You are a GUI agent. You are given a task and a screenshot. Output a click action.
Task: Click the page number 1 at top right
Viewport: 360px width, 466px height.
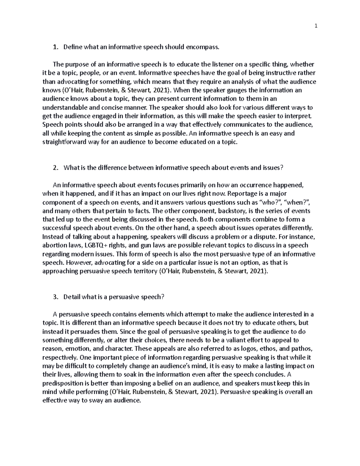316,26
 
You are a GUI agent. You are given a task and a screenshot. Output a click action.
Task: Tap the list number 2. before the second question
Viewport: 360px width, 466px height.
55,168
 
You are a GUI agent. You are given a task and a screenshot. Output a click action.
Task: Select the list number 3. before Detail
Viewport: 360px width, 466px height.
55,297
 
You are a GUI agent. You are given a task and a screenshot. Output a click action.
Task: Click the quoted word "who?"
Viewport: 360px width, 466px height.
272,202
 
